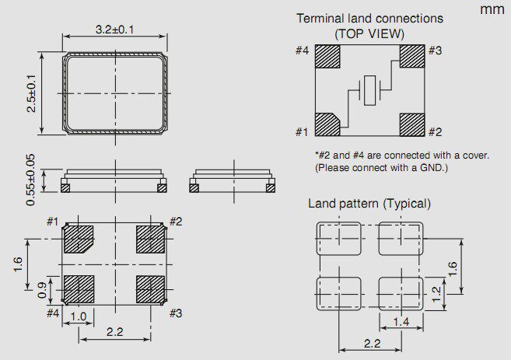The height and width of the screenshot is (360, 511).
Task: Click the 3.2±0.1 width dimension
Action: pyautogui.click(x=114, y=30)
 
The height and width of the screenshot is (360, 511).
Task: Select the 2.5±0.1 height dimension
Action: pyautogui.click(x=32, y=93)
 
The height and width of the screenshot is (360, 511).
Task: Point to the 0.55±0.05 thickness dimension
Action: pyautogui.click(x=30, y=180)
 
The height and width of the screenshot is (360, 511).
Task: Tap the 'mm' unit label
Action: pyautogui.click(x=492, y=9)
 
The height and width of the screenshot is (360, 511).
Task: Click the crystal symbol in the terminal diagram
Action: pyautogui.click(x=369, y=90)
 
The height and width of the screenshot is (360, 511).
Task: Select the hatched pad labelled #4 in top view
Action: pyautogui.click(x=327, y=56)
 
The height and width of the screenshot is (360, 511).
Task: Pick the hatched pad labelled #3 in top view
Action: pyautogui.click(x=412, y=56)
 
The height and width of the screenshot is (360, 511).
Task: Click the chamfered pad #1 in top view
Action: pyautogui.click(x=327, y=124)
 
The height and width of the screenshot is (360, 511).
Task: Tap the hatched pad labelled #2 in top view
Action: pyautogui.click(x=412, y=124)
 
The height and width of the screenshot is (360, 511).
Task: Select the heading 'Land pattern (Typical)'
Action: pyautogui.click(x=369, y=204)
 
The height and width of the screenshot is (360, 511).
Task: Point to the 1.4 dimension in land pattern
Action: pyautogui.click(x=401, y=322)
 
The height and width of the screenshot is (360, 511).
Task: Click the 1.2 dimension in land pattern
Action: pyautogui.click(x=436, y=294)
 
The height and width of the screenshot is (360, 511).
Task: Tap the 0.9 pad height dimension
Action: pyautogui.click(x=42, y=290)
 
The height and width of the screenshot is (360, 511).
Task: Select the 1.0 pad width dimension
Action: pyautogui.click(x=79, y=316)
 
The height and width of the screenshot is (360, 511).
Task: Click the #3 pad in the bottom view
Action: pyautogui.click(x=150, y=289)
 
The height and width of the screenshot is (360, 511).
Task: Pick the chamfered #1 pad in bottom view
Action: pyautogui.click(x=79, y=239)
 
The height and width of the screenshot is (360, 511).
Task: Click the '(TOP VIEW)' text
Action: pyautogui.click(x=369, y=33)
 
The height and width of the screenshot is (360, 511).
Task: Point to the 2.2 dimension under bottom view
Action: pyautogui.click(x=114, y=332)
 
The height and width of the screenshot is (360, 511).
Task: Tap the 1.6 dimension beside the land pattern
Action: pyautogui.click(x=453, y=269)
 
